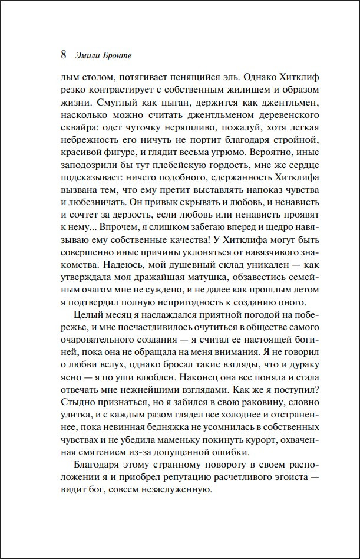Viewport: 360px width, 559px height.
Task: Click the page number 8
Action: [x=63, y=56]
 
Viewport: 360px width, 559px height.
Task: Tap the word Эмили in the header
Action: [x=88, y=57]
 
